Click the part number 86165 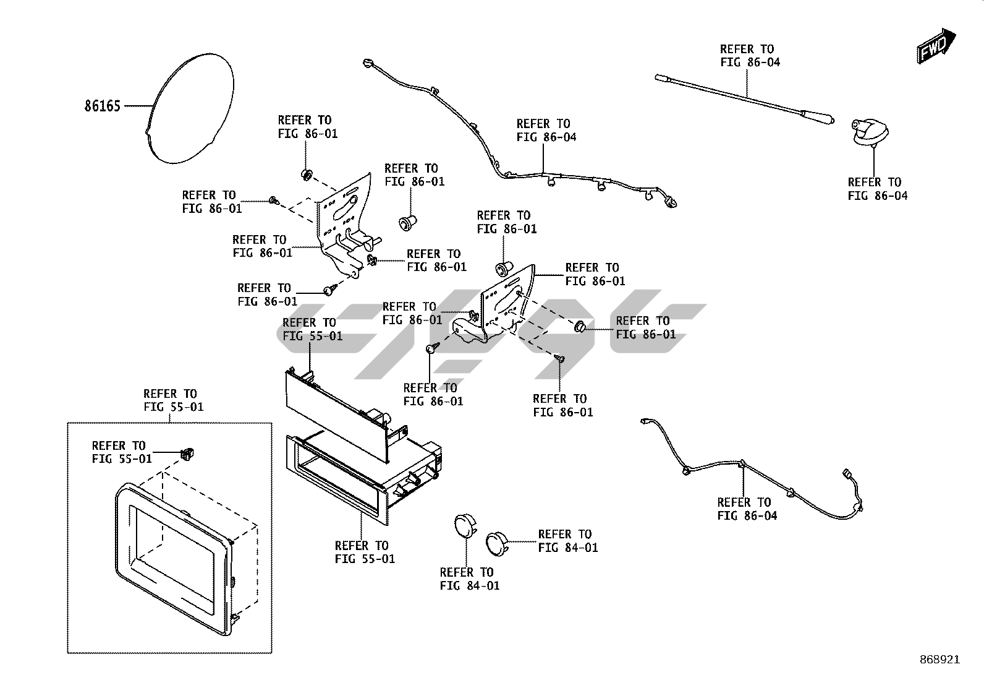coord(102,106)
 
